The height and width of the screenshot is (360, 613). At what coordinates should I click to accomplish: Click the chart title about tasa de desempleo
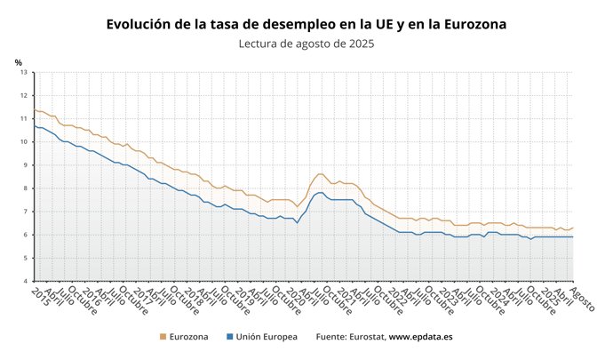306,24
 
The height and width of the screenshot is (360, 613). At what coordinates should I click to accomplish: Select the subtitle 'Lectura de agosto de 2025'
306,44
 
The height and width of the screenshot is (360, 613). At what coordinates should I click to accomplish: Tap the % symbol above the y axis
18,61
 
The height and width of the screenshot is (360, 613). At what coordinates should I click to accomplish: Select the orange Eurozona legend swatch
162,337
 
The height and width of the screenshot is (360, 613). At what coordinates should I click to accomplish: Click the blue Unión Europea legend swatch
229,337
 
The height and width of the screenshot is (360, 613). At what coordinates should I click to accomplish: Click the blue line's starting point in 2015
34,125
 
